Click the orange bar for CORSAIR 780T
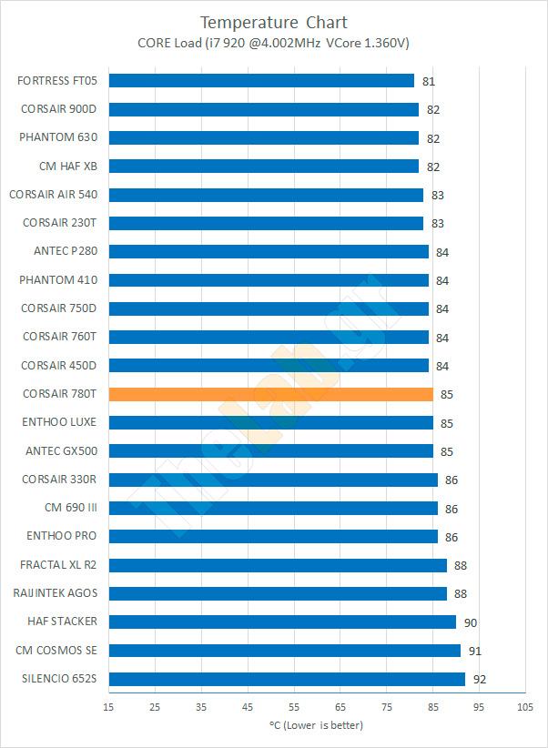270,394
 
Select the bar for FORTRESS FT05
261,81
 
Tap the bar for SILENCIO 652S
287,679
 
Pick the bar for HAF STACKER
282,622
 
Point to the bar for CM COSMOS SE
284,651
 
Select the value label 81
429,82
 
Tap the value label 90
471,623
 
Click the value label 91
475,652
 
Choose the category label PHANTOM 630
57,137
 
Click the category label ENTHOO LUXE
58,422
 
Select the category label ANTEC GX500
59,450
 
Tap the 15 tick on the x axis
108,707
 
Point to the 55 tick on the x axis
294,707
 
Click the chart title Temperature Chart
274,22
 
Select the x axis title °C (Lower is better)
316,725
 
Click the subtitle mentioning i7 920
274,42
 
